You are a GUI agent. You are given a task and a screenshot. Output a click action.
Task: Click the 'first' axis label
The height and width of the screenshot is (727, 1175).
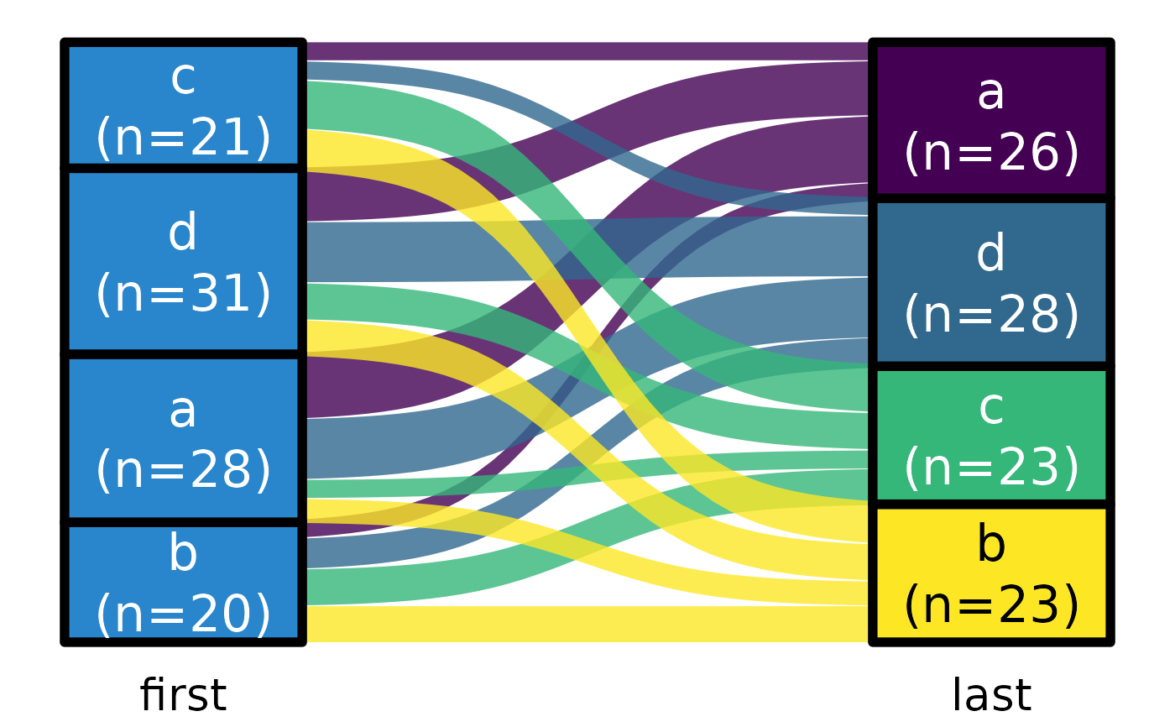point(183,695)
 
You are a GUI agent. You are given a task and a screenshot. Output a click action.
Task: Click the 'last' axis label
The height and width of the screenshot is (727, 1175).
point(991,695)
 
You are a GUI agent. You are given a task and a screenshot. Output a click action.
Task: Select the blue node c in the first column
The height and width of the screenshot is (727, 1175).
point(183,106)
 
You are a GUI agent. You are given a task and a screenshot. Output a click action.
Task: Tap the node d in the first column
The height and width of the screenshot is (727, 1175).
point(183,262)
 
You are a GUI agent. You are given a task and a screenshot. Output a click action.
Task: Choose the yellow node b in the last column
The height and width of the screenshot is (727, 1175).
point(991,574)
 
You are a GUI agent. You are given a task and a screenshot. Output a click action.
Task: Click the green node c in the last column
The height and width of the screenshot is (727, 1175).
point(991,436)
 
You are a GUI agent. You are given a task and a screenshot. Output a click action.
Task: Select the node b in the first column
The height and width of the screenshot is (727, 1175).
point(183,583)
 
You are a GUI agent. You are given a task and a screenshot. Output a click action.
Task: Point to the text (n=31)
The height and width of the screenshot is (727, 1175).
point(183,294)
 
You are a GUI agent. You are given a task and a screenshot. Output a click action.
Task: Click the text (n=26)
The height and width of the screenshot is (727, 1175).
point(991,153)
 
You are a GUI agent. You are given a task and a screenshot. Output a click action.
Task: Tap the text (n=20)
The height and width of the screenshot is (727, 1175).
point(183,615)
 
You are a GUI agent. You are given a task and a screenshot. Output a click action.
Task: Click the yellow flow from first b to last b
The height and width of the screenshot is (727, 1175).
point(587,624)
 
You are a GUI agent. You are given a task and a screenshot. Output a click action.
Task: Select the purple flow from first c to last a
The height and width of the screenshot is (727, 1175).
point(587,51)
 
